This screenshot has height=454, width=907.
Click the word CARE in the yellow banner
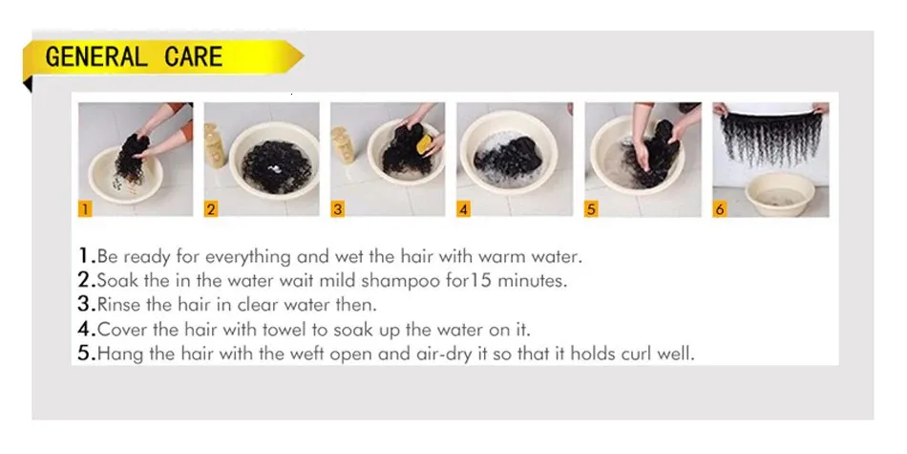tap(193, 56)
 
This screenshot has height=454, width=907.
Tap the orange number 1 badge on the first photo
tap(85, 208)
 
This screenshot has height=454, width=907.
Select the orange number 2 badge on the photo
tap(211, 208)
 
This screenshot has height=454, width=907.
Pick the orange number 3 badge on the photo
tap(338, 208)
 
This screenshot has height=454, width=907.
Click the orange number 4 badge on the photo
tap(463, 208)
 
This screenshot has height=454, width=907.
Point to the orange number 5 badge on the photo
tap(591, 208)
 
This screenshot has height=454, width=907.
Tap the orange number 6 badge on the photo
tap(720, 208)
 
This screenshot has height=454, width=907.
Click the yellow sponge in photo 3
tap(425, 144)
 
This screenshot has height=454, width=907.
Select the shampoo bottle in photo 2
tap(215, 145)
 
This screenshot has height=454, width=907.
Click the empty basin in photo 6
tap(780, 194)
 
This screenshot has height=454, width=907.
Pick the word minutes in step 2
tap(532, 281)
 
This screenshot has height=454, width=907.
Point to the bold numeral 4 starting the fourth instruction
tap(86, 330)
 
